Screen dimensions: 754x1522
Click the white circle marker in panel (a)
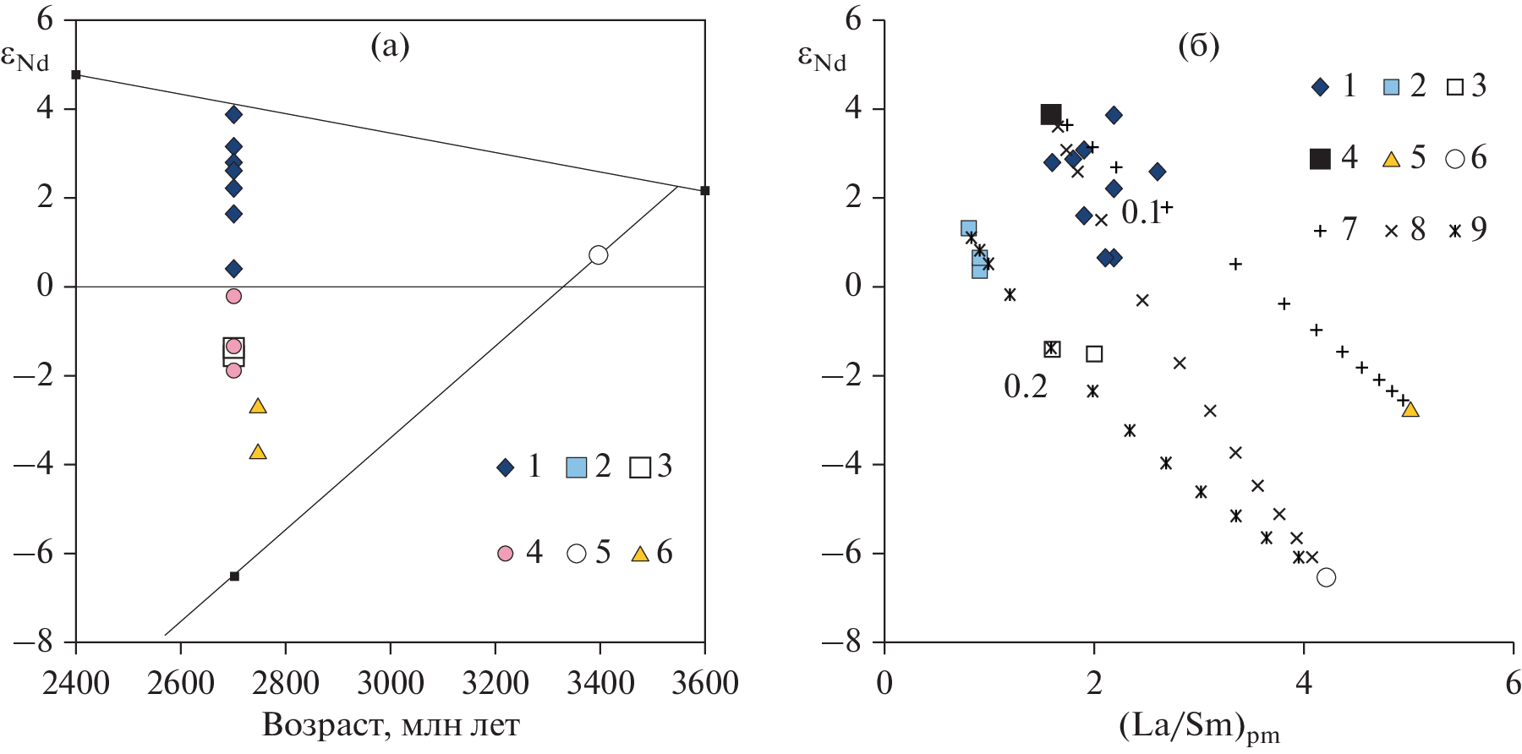click(x=599, y=254)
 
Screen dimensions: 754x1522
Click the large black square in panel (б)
click(x=1051, y=114)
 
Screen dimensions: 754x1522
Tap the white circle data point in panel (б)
click(x=1327, y=577)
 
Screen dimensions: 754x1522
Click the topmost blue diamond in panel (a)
click(x=234, y=114)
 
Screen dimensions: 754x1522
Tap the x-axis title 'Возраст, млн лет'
click(x=391, y=724)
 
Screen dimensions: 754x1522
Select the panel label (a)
click(x=390, y=46)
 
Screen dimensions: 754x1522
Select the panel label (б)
click(x=1199, y=46)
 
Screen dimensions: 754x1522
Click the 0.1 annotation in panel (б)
click(x=1141, y=213)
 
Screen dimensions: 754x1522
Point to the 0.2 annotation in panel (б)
click(x=1025, y=386)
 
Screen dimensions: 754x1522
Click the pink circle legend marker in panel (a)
click(x=505, y=554)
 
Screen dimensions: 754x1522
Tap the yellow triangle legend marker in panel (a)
click(x=640, y=555)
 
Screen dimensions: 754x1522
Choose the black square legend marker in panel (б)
click(x=1319, y=158)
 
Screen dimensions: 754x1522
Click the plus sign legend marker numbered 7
click(x=1320, y=230)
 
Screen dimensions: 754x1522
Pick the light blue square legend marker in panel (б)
click(x=1391, y=86)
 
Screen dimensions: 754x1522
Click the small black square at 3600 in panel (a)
click(x=705, y=190)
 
